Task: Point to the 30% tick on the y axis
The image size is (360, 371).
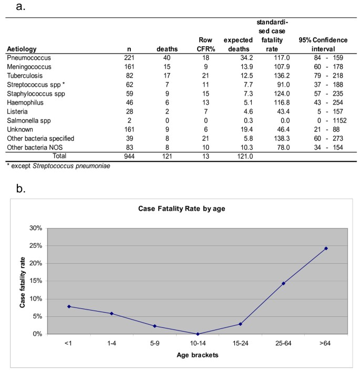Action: (35, 229)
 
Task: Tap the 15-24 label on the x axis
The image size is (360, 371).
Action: (240, 342)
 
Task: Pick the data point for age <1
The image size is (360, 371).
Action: (69, 306)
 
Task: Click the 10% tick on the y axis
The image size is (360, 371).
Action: (35, 299)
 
